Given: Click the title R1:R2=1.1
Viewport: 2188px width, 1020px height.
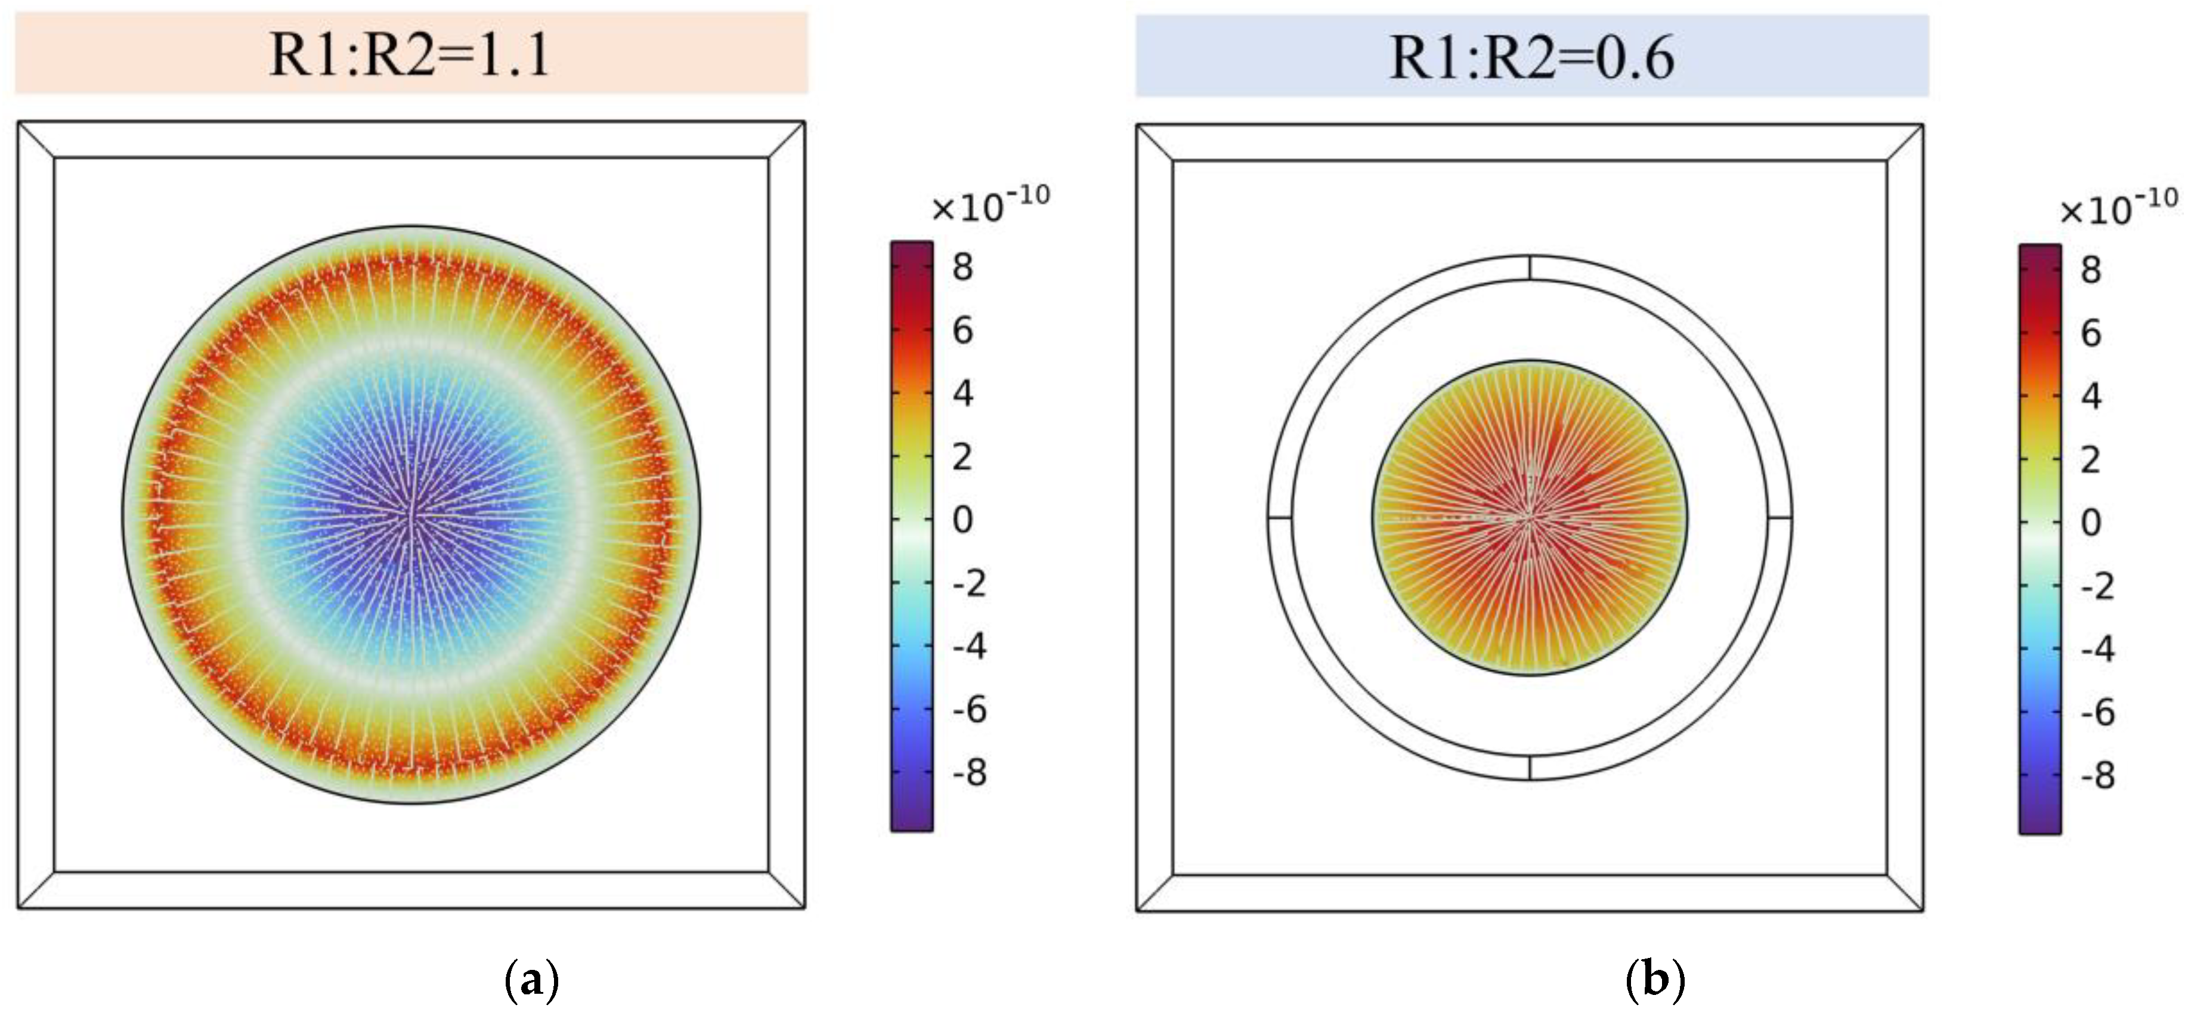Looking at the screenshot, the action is [410, 54].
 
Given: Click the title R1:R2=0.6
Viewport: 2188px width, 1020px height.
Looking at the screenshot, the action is [1531, 58].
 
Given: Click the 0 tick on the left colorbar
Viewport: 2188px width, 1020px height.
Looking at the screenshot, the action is [963, 519].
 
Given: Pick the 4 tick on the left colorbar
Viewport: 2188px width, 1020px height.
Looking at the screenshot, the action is [963, 393].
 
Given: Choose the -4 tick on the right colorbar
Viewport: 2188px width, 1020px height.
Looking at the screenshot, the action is [2097, 649].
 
